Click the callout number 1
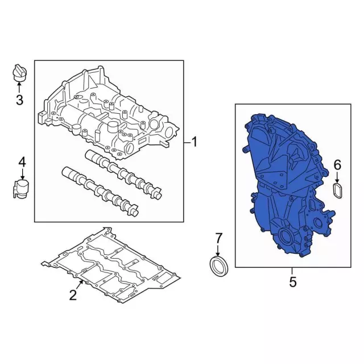point(194,142)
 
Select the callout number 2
point(73,295)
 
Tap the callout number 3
point(19,100)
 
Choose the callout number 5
point(293,282)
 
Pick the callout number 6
point(337,165)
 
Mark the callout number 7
point(218,238)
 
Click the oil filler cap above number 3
point(19,72)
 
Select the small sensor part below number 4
point(20,189)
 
